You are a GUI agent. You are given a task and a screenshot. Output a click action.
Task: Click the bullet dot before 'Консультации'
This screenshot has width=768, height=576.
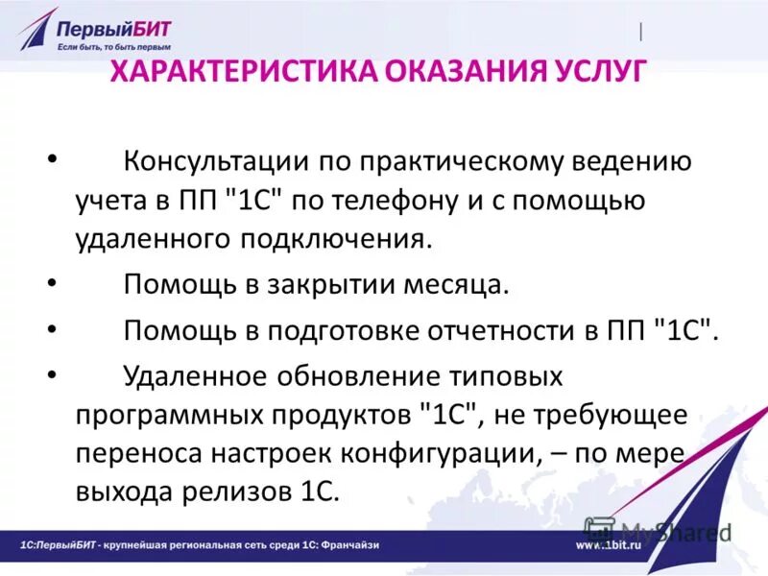click(x=50, y=159)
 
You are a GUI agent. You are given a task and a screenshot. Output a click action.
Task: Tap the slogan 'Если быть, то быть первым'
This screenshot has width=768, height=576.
click(x=113, y=46)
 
